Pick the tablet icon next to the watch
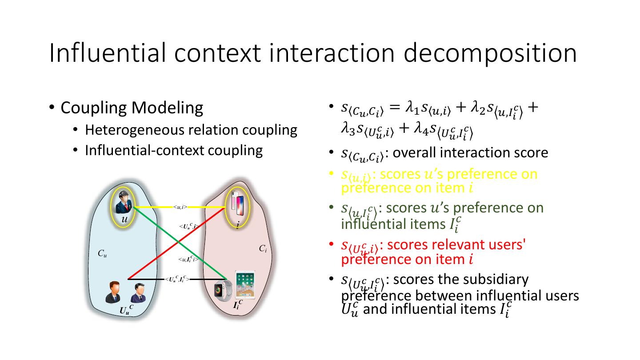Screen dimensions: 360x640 pos(245,284)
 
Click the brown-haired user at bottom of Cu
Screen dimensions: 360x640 pos(113,292)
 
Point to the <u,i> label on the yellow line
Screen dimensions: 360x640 pos(180,207)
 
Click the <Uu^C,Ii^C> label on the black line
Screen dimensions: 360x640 pos(177,279)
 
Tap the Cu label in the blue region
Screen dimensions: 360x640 pos(102,254)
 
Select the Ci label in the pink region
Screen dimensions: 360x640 pos(263,249)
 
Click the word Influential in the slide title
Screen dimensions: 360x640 pos(107,52)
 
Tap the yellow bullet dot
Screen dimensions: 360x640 pos(331,173)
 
